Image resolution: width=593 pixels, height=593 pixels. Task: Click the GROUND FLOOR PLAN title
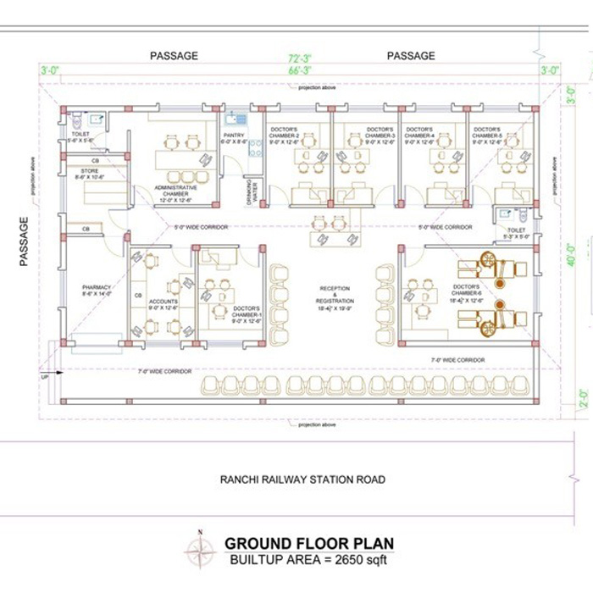[x=308, y=544]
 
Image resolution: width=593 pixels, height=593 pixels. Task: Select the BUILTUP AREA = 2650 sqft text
[x=308, y=560]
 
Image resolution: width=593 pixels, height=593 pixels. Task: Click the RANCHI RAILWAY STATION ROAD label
[x=302, y=479]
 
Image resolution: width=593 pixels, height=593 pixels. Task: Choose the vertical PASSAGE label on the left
[x=25, y=241]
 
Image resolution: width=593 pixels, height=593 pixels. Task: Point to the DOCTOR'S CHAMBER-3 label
[x=380, y=134]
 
